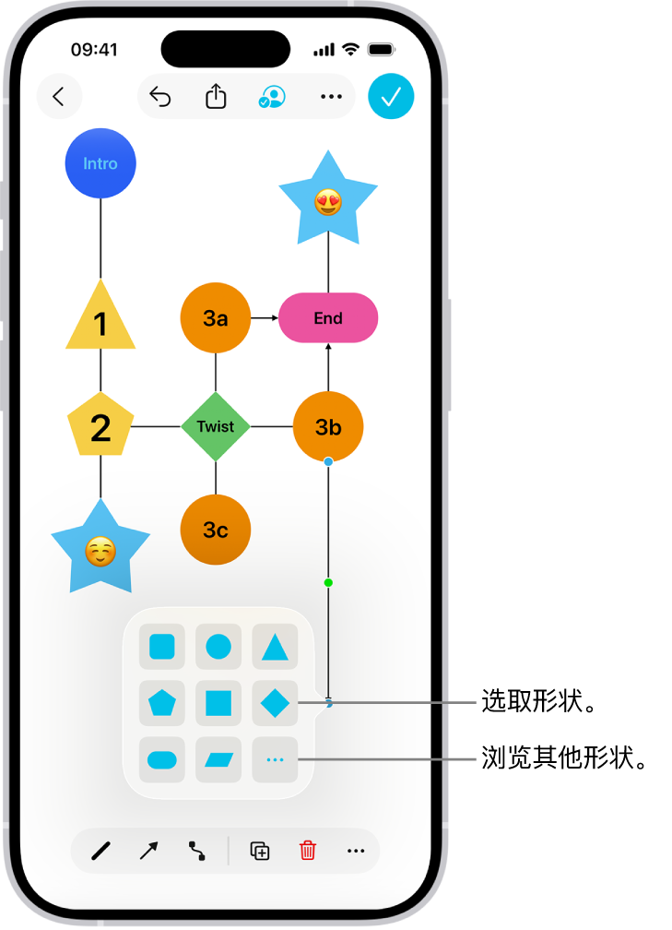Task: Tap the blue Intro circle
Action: (x=100, y=163)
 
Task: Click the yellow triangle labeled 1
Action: (x=100, y=321)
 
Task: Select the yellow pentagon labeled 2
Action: (x=100, y=426)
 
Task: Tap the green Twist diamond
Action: (x=216, y=426)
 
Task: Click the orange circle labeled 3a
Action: (x=216, y=318)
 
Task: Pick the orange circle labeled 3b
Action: (x=328, y=426)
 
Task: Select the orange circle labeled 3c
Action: (x=216, y=530)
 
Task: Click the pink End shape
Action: (x=328, y=318)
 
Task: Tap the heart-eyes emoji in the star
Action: (x=328, y=201)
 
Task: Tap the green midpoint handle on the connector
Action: (x=328, y=583)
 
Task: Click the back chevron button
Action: (x=59, y=97)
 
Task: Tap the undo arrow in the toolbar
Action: (x=160, y=97)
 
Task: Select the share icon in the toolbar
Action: (x=216, y=97)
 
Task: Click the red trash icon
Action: (x=308, y=851)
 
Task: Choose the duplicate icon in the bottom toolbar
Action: (x=260, y=851)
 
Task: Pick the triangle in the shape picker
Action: (x=275, y=647)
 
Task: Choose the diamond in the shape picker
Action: (x=275, y=703)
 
